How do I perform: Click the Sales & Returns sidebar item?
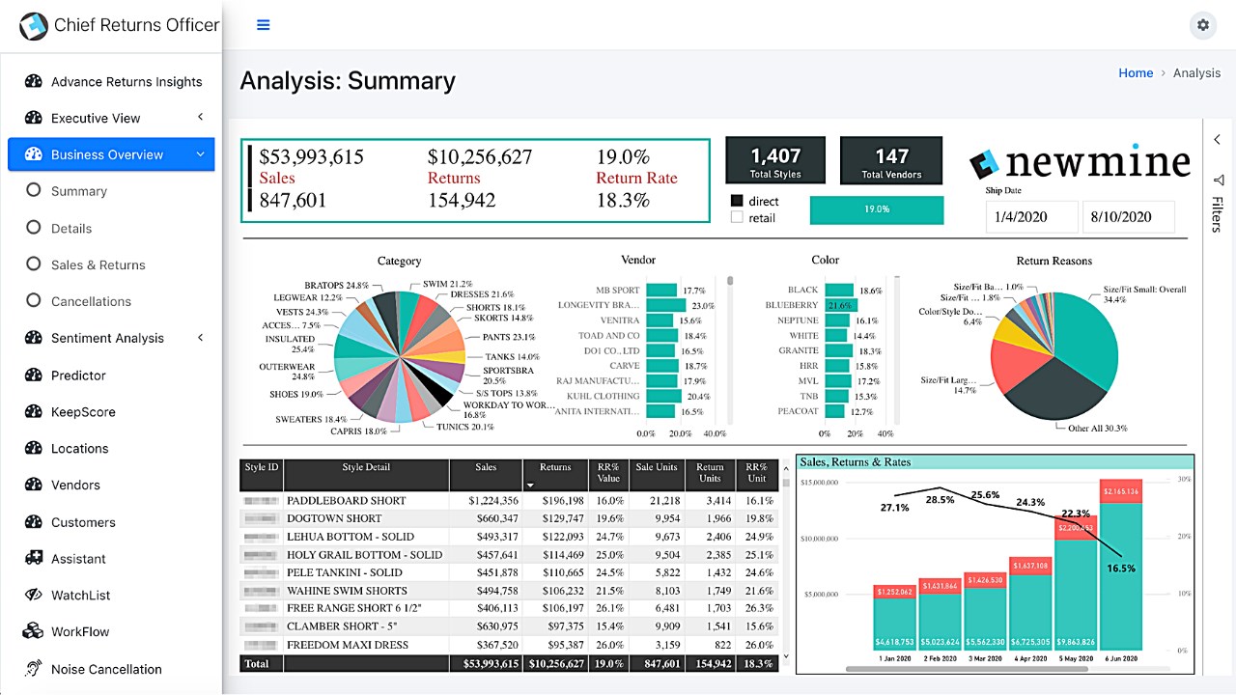[x=98, y=264]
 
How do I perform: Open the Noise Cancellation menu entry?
[x=105, y=669]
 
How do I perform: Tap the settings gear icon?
[x=1202, y=25]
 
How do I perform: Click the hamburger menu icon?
[x=263, y=25]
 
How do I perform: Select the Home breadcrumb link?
[x=1136, y=72]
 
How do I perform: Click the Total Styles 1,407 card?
[x=775, y=160]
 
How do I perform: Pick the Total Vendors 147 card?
[x=890, y=160]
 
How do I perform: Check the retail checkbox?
[x=738, y=218]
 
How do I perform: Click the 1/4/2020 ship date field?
[x=1031, y=216]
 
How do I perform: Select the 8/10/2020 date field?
[x=1128, y=216]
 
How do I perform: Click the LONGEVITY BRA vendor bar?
[x=666, y=305]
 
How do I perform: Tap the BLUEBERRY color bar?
[x=838, y=305]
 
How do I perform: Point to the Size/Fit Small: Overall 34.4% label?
[x=1144, y=294]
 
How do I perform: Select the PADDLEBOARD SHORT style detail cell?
[x=346, y=501]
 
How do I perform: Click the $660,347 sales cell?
[x=492, y=518]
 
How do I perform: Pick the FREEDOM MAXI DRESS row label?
[x=349, y=645]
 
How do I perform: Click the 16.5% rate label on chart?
[x=1121, y=569]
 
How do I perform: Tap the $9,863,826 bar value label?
[x=1074, y=641]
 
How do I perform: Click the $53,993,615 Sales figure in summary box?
[x=312, y=157]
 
